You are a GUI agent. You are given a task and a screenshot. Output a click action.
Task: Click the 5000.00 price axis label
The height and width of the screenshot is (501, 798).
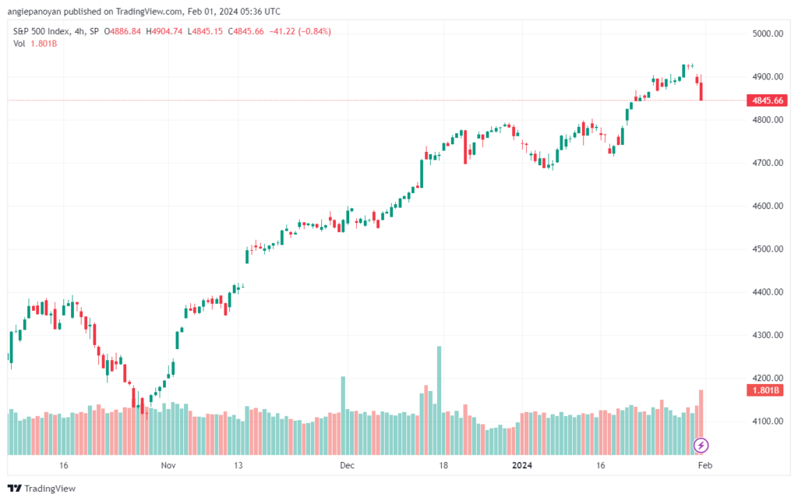[768, 34]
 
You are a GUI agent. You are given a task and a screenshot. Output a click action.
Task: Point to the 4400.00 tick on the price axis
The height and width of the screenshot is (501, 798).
[768, 292]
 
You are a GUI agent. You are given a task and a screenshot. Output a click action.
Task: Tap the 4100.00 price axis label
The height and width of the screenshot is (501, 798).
[768, 422]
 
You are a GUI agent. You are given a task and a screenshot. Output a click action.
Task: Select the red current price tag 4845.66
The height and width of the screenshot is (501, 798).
[767, 101]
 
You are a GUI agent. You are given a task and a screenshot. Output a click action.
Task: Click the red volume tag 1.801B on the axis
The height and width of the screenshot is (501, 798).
[765, 390]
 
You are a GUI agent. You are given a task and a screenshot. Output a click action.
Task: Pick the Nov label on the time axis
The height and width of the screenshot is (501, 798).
[168, 465]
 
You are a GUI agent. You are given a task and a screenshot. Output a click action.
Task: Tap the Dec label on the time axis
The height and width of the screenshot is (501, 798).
[347, 465]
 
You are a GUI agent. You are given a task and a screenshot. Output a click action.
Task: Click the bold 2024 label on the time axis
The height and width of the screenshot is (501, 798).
[522, 465]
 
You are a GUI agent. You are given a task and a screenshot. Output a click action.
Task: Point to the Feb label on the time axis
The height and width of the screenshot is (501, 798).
[704, 465]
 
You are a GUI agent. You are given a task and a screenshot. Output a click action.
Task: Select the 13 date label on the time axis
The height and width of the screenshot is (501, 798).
[238, 465]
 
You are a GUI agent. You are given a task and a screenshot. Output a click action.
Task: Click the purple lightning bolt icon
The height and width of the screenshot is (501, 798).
[701, 446]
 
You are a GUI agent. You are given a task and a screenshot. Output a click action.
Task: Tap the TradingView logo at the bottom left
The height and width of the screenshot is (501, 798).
[42, 489]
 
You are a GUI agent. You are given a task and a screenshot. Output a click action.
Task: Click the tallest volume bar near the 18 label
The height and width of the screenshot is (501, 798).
[440, 400]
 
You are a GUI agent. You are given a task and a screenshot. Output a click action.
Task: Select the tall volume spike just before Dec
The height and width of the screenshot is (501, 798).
[343, 415]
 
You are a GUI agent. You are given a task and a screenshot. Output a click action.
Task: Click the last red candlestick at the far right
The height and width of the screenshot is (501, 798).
[701, 92]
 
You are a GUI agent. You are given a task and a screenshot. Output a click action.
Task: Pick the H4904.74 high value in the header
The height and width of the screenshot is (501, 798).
[164, 31]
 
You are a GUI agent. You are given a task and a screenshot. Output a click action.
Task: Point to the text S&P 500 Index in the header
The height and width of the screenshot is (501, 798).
[41, 31]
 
